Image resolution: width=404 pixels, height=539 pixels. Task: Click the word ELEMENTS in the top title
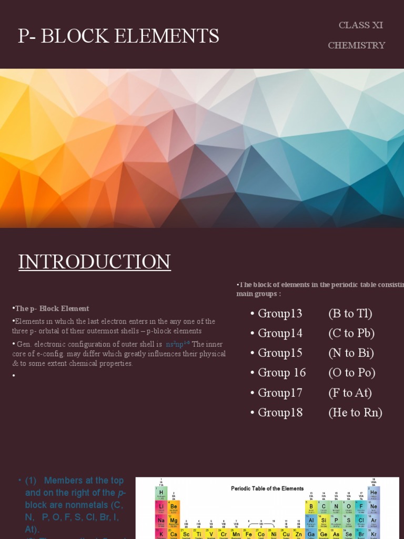[166, 36]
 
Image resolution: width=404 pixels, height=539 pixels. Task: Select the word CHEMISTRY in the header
[357, 45]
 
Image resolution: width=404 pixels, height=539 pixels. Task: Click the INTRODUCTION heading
[95, 262]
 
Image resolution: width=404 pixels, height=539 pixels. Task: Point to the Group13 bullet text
[280, 314]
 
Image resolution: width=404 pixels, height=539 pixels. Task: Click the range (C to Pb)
[351, 333]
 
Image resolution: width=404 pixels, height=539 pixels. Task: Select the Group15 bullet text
[280, 353]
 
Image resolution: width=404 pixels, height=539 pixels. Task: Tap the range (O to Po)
[351, 373]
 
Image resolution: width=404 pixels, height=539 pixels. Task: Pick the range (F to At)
[350, 393]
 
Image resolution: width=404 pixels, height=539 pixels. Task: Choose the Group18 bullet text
[280, 413]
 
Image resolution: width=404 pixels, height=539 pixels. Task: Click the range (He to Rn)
[355, 413]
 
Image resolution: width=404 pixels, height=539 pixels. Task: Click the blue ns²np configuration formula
[177, 344]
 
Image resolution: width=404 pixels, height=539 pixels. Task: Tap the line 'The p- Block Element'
[51, 308]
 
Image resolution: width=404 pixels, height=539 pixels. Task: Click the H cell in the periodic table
[161, 494]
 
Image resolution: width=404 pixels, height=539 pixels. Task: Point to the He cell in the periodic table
[373, 494]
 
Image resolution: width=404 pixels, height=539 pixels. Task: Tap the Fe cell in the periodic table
[248, 534]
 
